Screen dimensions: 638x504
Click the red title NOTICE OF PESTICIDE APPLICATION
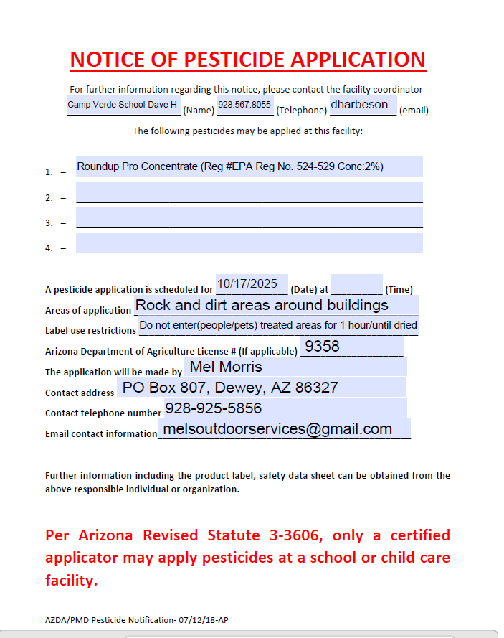[247, 59]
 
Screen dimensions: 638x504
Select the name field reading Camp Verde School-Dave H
[123, 105]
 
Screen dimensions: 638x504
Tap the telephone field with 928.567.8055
[244, 105]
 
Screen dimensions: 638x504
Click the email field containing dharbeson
[362, 105]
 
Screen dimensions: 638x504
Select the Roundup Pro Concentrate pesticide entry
[249, 166]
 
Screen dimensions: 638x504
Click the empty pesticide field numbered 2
[249, 193]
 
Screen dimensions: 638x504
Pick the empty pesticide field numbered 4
[249, 243]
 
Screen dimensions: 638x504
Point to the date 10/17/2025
[251, 284]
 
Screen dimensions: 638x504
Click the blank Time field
[356, 285]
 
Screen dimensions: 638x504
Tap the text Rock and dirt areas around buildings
[262, 305]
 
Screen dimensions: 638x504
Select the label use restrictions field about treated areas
[278, 325]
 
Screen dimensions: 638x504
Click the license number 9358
[322, 347]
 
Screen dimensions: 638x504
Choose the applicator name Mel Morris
[225, 367]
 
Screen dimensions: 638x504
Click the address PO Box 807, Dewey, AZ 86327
[230, 388]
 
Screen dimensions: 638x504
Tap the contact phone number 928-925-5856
[213, 408]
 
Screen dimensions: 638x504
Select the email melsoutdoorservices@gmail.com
[277, 429]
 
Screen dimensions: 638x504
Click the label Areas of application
[87, 311]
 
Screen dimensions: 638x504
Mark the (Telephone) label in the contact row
[302, 111]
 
